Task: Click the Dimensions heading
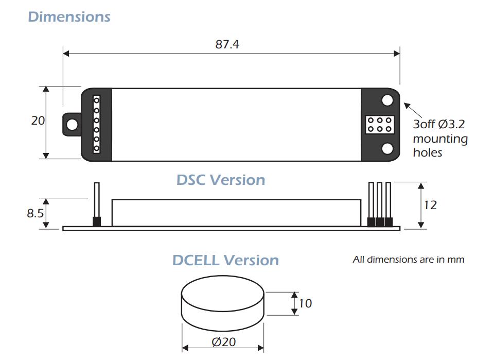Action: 69,16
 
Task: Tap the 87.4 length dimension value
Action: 227,44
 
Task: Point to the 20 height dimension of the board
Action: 38,121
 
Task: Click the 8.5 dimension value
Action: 35,213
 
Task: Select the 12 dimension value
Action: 430,205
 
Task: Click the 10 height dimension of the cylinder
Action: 305,303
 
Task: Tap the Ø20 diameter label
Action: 224,342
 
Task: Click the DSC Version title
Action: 221,180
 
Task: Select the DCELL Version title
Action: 225,261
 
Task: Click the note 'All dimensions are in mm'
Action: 408,260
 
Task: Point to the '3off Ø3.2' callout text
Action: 439,124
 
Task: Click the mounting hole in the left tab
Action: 73,125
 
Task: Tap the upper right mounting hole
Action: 387,100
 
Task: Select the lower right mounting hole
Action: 387,148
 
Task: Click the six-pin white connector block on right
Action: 380,125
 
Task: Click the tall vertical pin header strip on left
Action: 97,125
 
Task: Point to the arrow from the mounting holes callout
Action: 413,110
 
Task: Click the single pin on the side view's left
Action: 97,204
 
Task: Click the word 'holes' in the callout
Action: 428,152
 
